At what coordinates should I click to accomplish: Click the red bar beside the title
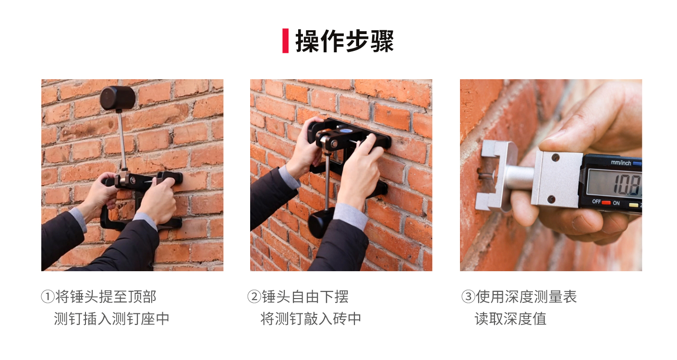click(x=285, y=41)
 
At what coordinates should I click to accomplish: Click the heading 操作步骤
click(x=345, y=41)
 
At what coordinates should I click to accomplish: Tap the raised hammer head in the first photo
click(x=118, y=98)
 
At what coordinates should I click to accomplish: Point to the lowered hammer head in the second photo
click(x=321, y=223)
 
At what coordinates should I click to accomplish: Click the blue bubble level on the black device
click(x=345, y=131)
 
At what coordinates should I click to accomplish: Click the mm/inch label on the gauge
click(x=621, y=163)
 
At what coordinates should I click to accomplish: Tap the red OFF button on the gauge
click(x=606, y=203)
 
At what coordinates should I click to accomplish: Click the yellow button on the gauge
click(x=633, y=205)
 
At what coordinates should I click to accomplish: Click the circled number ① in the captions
click(x=48, y=297)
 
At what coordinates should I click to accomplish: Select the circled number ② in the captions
click(x=254, y=297)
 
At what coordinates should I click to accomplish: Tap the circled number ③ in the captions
click(x=468, y=297)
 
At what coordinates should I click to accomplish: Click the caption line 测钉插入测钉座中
click(x=111, y=319)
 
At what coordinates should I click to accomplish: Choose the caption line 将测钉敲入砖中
click(x=311, y=319)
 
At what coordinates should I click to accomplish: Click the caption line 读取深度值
click(x=510, y=319)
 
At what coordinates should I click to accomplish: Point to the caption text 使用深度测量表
click(x=526, y=297)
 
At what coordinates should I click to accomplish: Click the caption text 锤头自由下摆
click(x=305, y=297)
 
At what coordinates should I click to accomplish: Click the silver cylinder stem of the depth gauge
click(x=520, y=178)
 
